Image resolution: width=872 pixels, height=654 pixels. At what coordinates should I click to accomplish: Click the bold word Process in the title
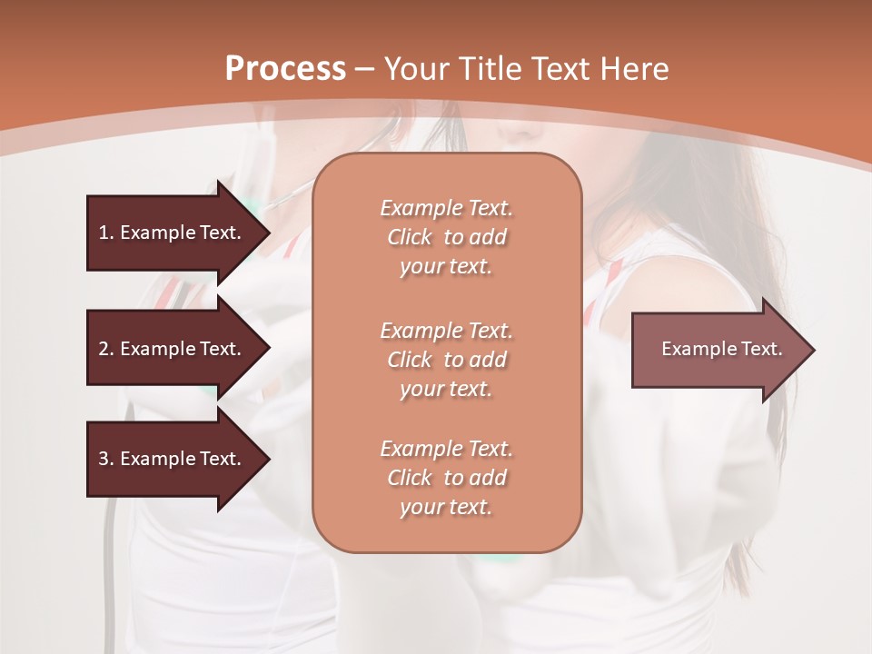click(x=285, y=69)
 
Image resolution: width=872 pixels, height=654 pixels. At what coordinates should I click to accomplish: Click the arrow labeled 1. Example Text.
click(x=173, y=233)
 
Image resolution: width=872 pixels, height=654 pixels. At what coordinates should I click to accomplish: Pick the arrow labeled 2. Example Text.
click(x=173, y=349)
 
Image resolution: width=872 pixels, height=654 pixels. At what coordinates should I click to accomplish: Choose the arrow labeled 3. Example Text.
click(x=173, y=459)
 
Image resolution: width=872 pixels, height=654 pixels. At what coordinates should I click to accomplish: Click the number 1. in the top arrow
click(x=106, y=233)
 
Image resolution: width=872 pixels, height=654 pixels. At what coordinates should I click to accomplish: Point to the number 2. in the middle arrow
click(x=106, y=349)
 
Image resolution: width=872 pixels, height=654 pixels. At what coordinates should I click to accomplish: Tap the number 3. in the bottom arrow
click(x=106, y=459)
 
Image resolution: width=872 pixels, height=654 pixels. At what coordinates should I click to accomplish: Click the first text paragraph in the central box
click(x=446, y=237)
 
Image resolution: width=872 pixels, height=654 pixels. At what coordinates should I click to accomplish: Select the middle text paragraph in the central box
click(x=446, y=360)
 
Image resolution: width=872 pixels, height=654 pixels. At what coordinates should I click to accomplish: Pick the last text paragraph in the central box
click(x=446, y=478)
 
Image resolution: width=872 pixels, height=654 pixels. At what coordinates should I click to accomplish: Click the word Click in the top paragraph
click(x=410, y=237)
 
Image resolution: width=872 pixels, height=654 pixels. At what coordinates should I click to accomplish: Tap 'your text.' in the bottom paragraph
click(x=446, y=507)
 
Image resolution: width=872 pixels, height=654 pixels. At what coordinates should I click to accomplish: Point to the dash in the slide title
click(x=365, y=69)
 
